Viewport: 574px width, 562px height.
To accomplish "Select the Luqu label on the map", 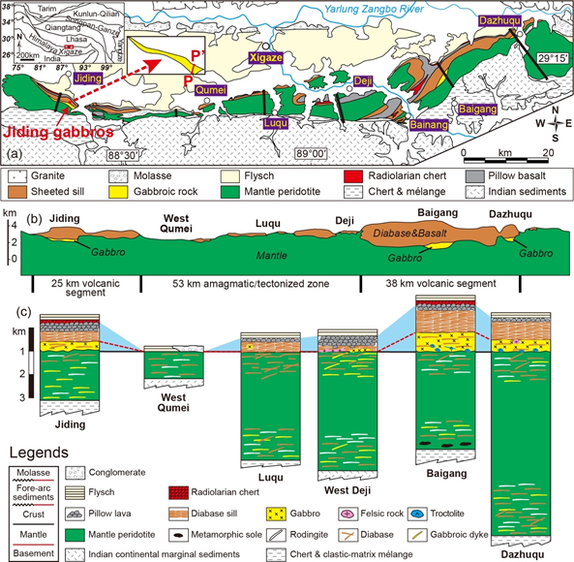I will click(x=275, y=122).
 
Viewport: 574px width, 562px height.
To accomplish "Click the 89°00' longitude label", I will click(x=313, y=153).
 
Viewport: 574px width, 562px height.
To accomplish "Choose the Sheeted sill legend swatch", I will click(x=18, y=192).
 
